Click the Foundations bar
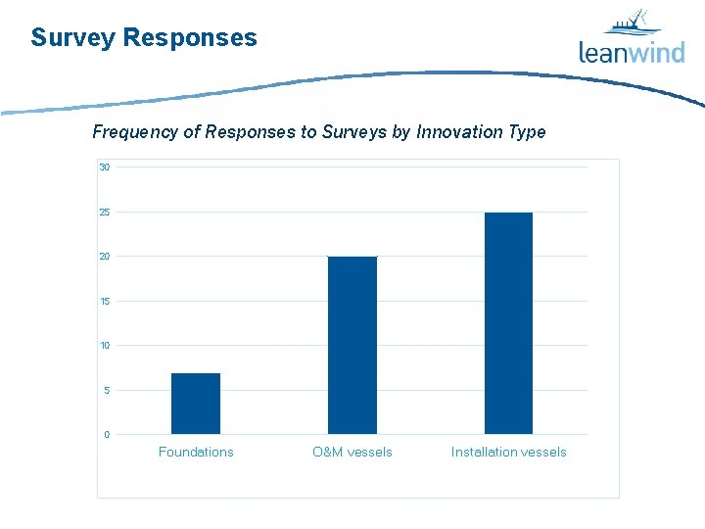pyautogui.click(x=196, y=404)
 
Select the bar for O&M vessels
pyautogui.click(x=352, y=345)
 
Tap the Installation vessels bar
pyautogui.click(x=508, y=323)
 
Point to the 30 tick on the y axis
pyautogui.click(x=104, y=168)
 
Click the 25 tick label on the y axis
pyautogui.click(x=104, y=213)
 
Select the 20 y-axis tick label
pyautogui.click(x=104, y=257)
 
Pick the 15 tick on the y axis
pyautogui.click(x=104, y=302)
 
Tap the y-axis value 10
pyautogui.click(x=104, y=346)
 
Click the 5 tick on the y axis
pyautogui.click(x=106, y=391)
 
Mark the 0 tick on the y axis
pyautogui.click(x=106, y=435)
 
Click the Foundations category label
pyautogui.click(x=196, y=452)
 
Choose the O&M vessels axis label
pyautogui.click(x=352, y=452)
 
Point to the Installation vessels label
pyautogui.click(x=508, y=452)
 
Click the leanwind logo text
pyautogui.click(x=632, y=52)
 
